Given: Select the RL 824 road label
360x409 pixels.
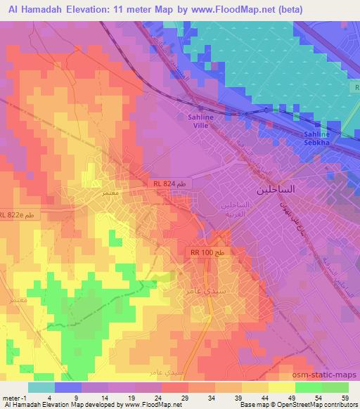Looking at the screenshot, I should click(x=168, y=183).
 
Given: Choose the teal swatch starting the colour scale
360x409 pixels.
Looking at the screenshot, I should click(x=42, y=387).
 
